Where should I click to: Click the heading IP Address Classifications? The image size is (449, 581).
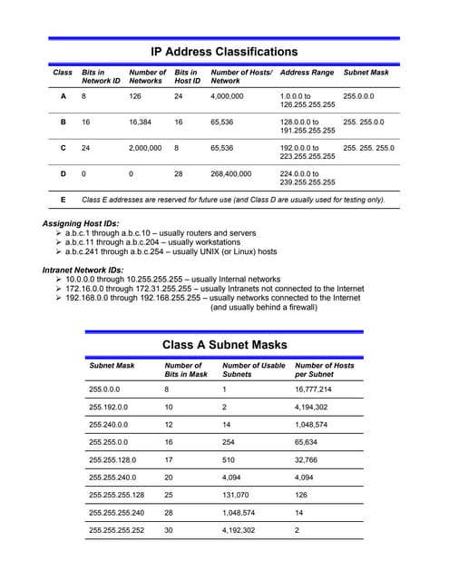click(223, 52)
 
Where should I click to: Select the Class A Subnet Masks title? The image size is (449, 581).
click(224, 344)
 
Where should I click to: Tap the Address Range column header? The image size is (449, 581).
click(307, 72)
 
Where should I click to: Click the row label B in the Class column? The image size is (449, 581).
click(63, 121)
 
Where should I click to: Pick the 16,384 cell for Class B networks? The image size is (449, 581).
click(145, 121)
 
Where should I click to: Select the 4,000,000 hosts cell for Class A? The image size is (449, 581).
click(227, 95)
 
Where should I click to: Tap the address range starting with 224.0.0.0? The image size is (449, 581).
click(307, 177)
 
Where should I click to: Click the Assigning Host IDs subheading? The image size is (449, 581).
click(80, 222)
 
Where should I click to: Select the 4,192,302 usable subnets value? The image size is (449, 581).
click(239, 529)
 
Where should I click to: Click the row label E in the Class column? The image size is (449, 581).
click(63, 199)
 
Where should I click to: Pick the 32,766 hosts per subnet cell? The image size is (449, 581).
click(311, 459)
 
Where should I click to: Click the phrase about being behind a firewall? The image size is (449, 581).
click(263, 307)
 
